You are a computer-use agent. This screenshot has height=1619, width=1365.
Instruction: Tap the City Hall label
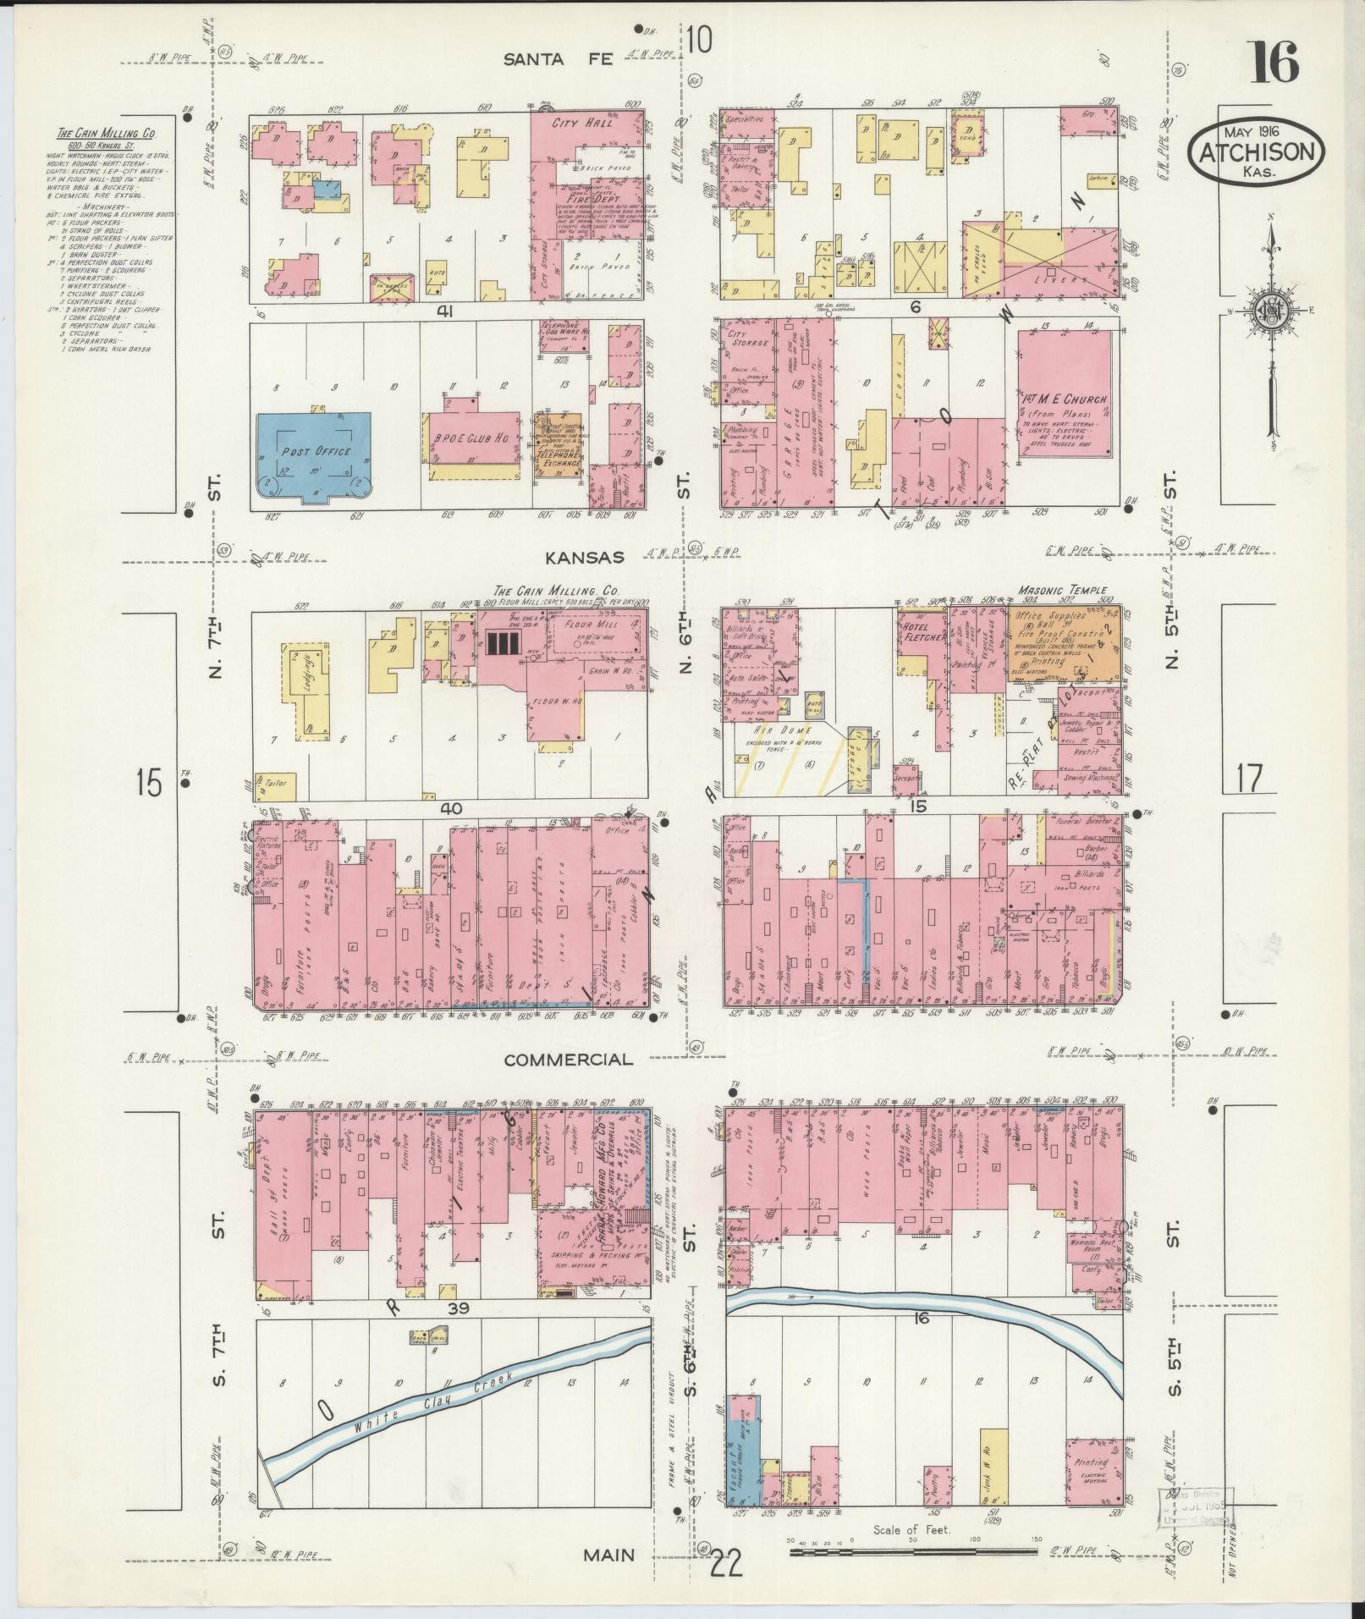pos(570,124)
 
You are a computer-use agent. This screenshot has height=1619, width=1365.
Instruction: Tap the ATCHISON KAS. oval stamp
pos(1256,153)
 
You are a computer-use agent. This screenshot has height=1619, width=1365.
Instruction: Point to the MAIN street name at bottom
pos(609,1554)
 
